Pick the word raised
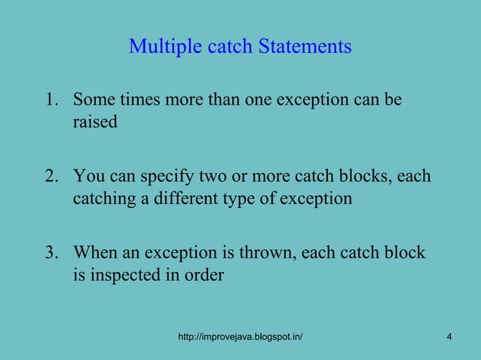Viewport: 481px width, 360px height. (x=95, y=122)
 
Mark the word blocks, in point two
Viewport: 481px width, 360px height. (x=365, y=177)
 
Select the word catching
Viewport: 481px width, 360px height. (x=103, y=200)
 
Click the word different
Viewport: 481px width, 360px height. (x=184, y=199)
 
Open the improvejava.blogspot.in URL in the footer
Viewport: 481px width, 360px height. (x=240, y=337)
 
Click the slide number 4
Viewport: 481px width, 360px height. (x=449, y=337)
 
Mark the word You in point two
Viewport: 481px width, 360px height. (x=87, y=177)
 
